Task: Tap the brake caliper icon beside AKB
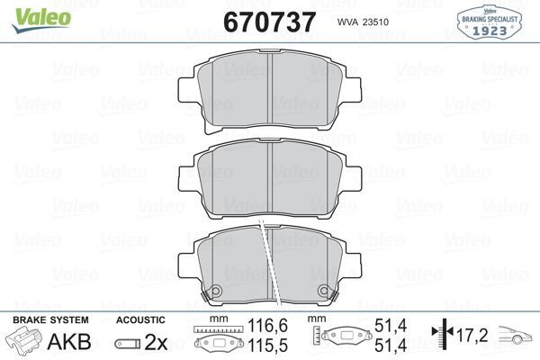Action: tap(26, 342)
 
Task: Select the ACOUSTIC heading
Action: tap(140, 320)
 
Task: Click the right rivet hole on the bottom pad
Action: tap(324, 291)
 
